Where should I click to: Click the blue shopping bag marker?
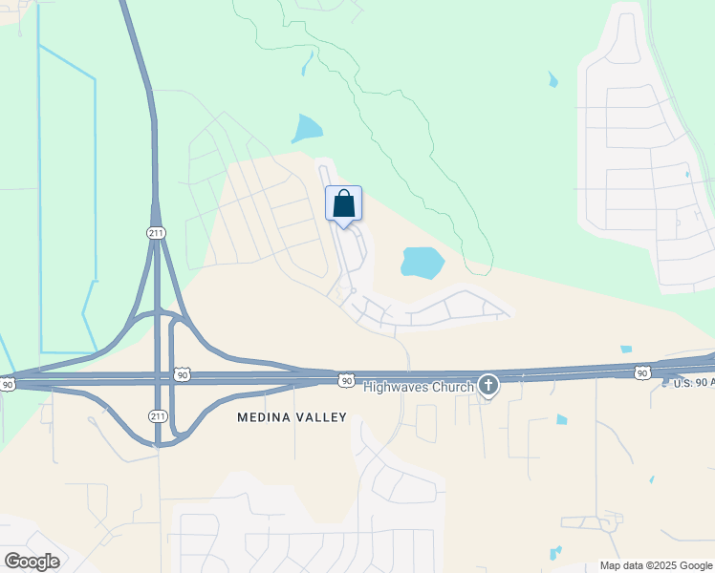(344, 203)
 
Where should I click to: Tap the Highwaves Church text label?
(419, 386)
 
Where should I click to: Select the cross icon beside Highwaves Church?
(488, 385)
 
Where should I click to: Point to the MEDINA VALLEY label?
(292, 417)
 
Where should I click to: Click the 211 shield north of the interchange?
(156, 233)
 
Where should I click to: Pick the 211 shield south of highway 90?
(158, 415)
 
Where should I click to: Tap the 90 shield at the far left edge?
(8, 384)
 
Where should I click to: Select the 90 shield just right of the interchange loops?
(183, 374)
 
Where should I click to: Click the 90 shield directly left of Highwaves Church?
(346, 380)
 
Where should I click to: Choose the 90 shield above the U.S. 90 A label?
(642, 371)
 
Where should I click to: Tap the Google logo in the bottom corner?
(32, 562)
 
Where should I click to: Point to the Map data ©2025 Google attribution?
(656, 565)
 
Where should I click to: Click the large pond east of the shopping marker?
(422, 261)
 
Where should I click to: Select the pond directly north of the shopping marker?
(308, 128)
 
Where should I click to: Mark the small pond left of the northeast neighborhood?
(552, 80)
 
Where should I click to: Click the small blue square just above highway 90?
(626, 350)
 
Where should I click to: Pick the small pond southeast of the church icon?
(562, 419)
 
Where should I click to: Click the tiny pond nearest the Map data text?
(554, 552)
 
